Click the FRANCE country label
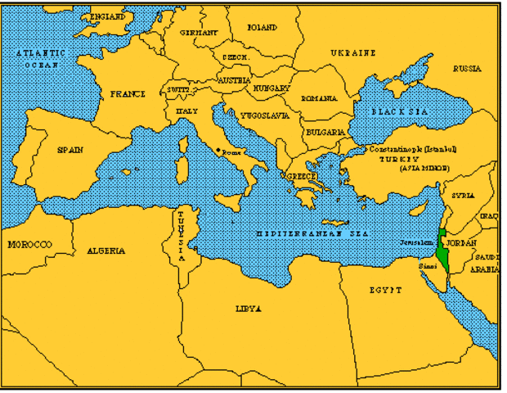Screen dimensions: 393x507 pos(128,94)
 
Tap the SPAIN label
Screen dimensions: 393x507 pos(70,150)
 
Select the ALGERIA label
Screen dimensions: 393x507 pos(105,250)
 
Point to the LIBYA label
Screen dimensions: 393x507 pos(248,309)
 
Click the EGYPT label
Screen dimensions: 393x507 pos(385,290)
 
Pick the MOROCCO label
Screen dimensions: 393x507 pos(29,244)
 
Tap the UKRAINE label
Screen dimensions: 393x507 pos(353,52)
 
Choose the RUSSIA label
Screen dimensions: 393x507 pos(467,69)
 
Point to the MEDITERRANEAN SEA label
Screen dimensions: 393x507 pos(309,233)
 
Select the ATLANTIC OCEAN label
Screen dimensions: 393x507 pos(43,58)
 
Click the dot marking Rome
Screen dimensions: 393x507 pos(217,151)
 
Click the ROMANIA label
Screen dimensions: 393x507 pos(319,98)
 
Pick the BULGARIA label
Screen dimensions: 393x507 pos(325,131)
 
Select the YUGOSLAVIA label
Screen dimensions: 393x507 pos(264,115)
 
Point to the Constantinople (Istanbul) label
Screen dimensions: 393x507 pos(412,150)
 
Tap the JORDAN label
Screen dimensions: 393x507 pos(463,243)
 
